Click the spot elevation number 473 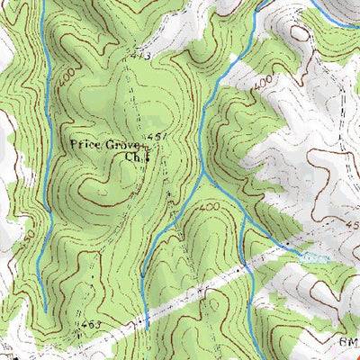[138, 57]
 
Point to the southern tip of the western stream [44, 310]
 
